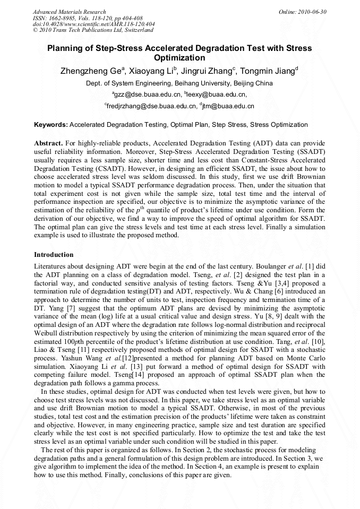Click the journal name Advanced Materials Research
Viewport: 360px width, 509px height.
pos(69,12)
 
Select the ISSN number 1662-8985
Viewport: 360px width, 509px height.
pos(63,18)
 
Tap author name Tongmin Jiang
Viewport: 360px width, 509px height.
pos(269,71)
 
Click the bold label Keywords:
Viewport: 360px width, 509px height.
pos(51,125)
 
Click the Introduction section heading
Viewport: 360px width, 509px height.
pos(54,255)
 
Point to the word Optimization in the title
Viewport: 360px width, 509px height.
pos(179,58)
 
